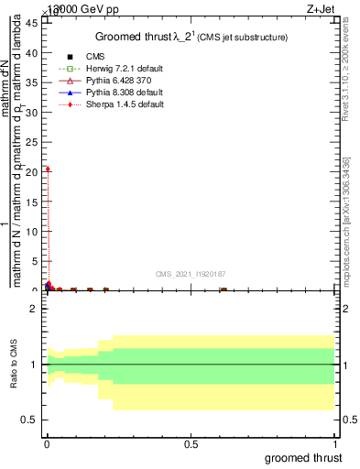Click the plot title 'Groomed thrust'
[x=139, y=37]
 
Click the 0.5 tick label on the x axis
[x=191, y=444]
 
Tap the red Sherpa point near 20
[x=48, y=169]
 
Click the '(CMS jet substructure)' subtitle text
[x=244, y=38]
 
